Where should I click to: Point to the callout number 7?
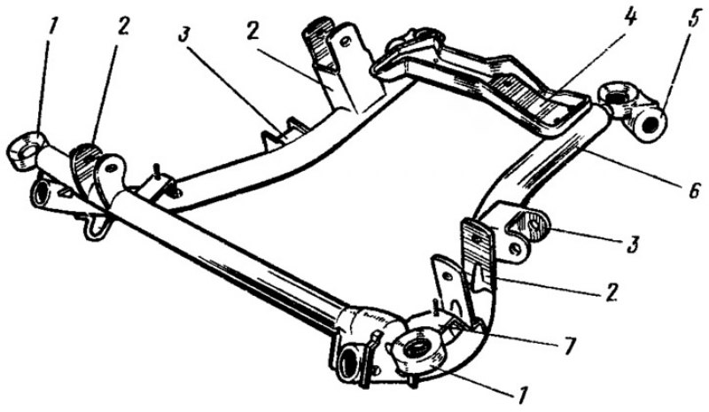568,347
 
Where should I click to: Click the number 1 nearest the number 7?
523,396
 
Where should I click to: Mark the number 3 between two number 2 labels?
183,34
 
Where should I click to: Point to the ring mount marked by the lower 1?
418,350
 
